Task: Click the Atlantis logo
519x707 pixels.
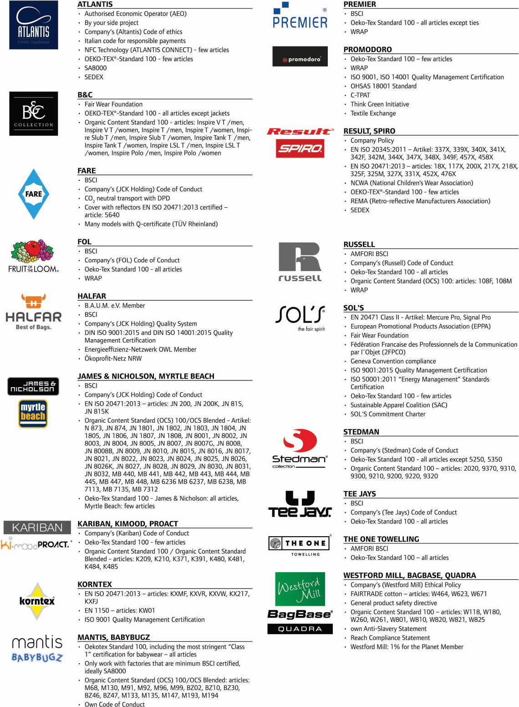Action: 34,25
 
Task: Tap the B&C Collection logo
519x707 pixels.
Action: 34,113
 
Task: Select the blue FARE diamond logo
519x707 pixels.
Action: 34,194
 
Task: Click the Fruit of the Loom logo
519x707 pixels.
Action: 33,256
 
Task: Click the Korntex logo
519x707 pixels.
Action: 37,601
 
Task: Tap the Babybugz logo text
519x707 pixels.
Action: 37,657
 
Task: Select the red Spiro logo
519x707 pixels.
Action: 300,149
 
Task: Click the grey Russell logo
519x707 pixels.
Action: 300,261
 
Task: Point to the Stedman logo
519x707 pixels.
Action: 300,448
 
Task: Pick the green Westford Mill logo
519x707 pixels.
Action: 300,589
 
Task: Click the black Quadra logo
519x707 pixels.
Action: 300,629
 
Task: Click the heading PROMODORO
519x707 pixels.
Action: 367,50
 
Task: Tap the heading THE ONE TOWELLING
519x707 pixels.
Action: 381,539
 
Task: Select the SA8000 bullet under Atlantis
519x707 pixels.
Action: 96,68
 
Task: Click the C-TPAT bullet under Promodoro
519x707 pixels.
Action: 360,95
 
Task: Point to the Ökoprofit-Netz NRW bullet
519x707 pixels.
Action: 113,359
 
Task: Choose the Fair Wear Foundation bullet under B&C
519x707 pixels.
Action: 113,104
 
